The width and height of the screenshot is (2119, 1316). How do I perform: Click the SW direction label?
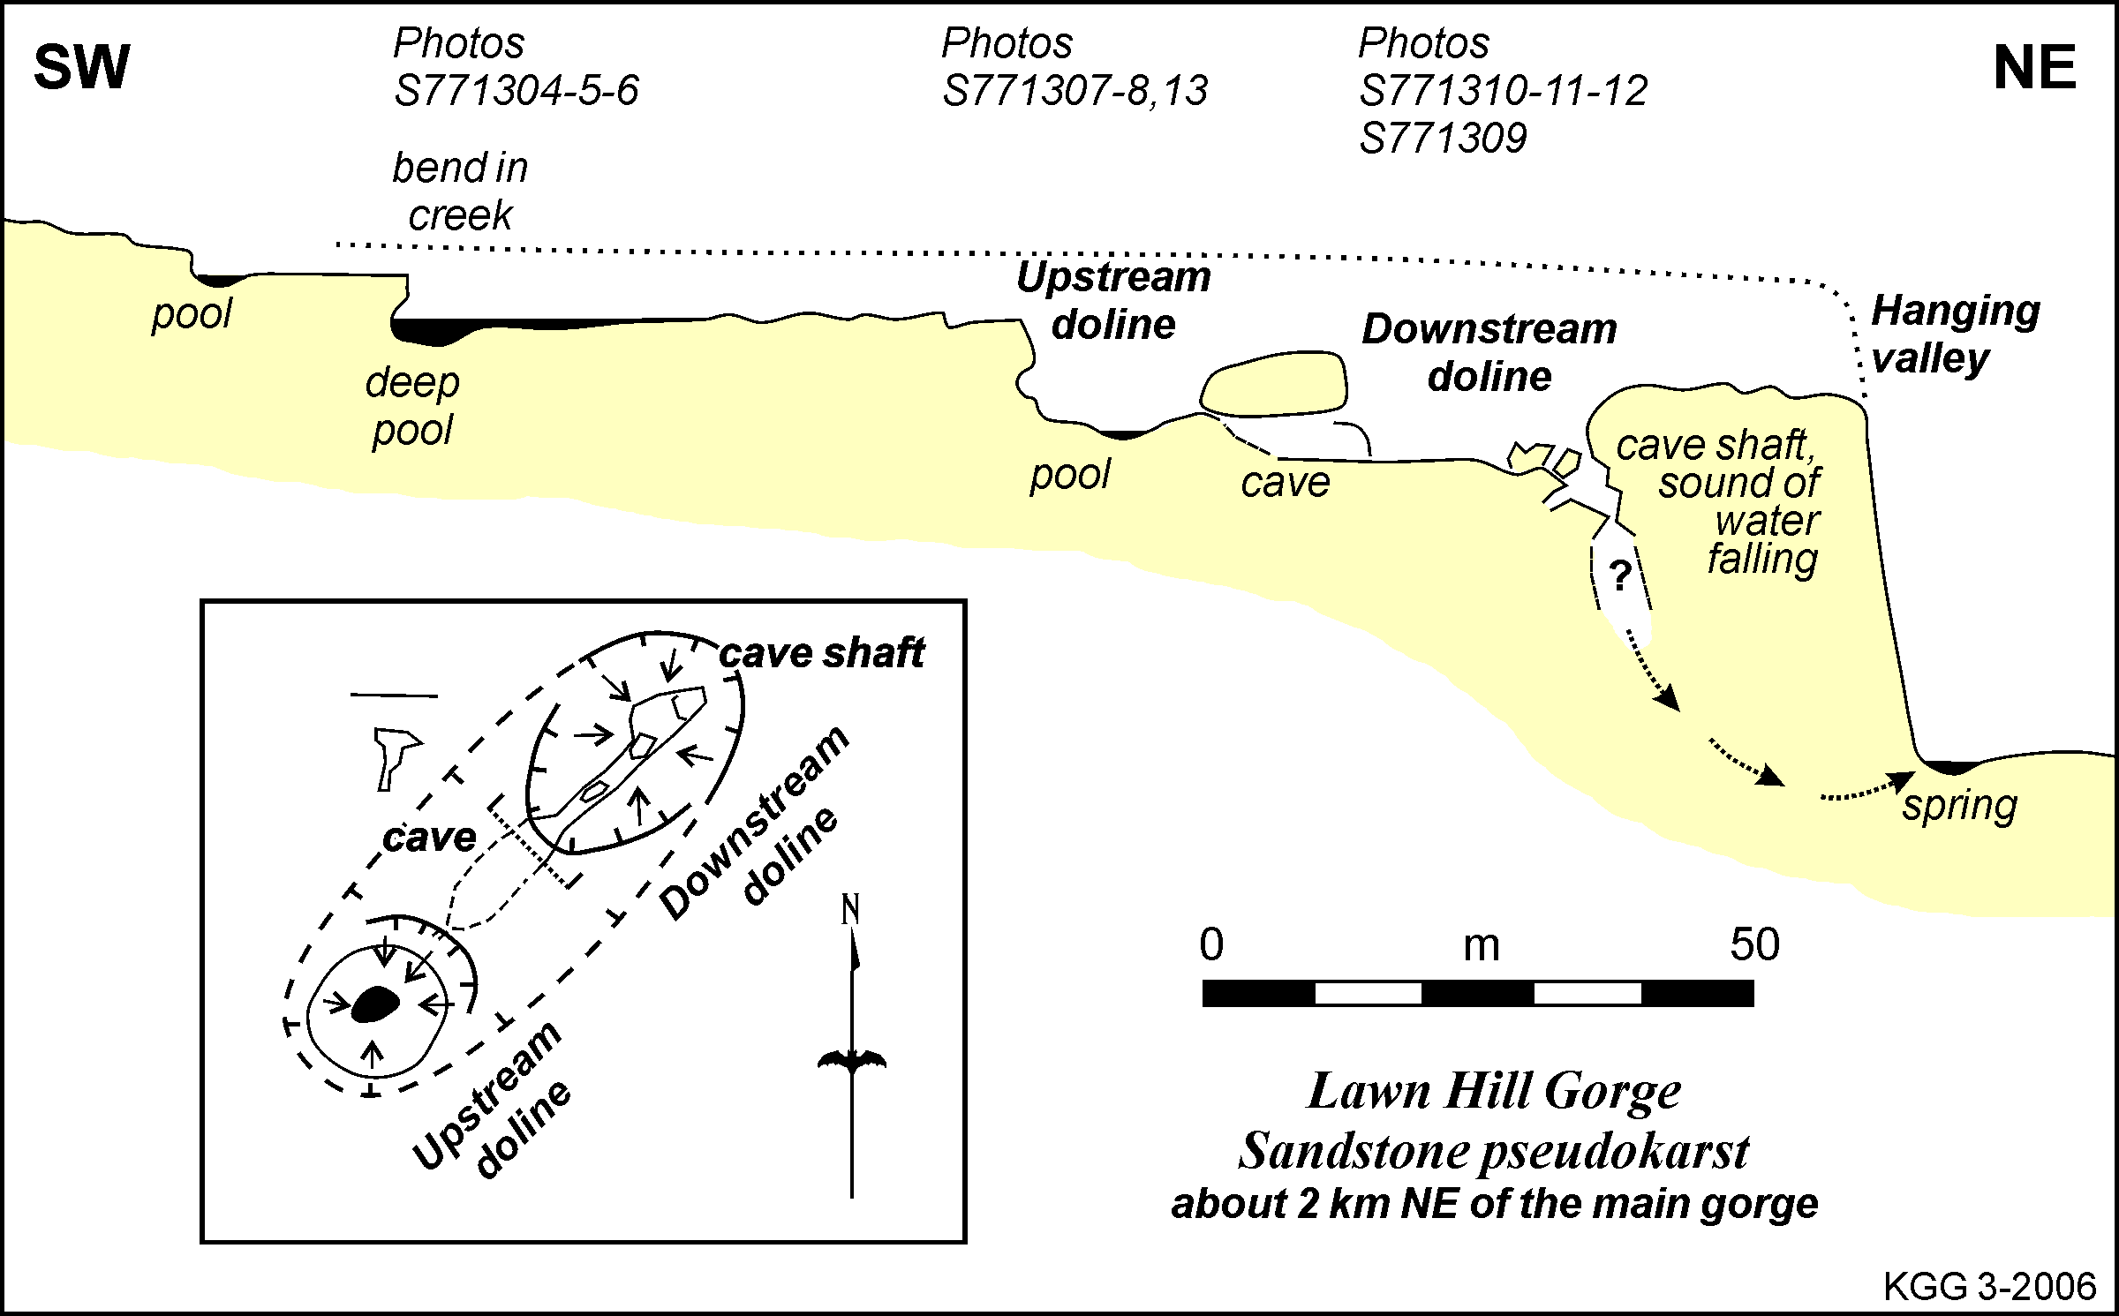(x=81, y=68)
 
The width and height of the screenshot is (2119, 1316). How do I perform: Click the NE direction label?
(x=2034, y=68)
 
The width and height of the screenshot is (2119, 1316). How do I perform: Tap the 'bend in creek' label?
(x=460, y=191)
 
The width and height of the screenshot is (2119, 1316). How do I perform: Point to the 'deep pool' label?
(x=412, y=406)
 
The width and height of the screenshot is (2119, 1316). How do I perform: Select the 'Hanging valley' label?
(x=1955, y=335)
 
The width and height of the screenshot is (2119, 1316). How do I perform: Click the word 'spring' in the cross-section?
(x=1959, y=805)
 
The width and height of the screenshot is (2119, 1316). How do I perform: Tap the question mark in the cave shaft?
(x=1620, y=575)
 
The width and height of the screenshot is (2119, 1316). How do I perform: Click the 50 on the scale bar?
(x=1754, y=945)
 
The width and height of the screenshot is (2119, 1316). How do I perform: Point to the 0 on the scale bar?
(x=1211, y=945)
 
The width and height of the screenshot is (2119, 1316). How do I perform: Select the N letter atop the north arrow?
(x=850, y=910)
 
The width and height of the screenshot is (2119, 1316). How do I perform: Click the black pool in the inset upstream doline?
(x=375, y=1004)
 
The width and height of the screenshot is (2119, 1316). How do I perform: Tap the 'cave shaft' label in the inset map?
(x=821, y=654)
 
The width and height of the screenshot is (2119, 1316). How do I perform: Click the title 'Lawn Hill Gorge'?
(x=1494, y=1092)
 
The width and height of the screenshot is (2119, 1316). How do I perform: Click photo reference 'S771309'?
(x=1443, y=139)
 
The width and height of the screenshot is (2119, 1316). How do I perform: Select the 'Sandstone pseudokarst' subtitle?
(x=1494, y=1151)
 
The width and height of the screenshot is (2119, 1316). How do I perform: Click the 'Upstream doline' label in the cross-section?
(x=1113, y=301)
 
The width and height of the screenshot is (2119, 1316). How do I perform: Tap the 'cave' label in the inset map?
(x=429, y=837)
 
